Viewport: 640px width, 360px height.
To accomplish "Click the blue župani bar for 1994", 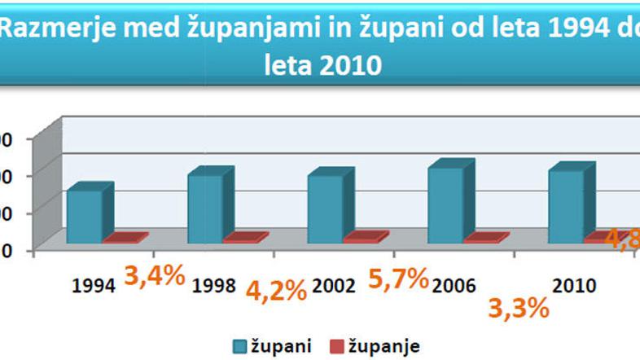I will (x=85, y=216).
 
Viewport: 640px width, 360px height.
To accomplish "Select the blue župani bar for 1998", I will (x=205, y=208).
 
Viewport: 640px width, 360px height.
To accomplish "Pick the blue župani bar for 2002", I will (x=326, y=209).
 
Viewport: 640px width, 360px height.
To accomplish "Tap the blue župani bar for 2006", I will (x=446, y=204).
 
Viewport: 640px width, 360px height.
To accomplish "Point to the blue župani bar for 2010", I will (x=566, y=206).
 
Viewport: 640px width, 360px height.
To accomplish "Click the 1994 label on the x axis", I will (x=88, y=287).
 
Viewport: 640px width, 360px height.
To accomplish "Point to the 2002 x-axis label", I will (x=335, y=287).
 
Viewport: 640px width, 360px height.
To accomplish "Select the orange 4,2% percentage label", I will (x=277, y=289).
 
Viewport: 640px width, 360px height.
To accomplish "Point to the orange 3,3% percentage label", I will (x=518, y=308).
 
